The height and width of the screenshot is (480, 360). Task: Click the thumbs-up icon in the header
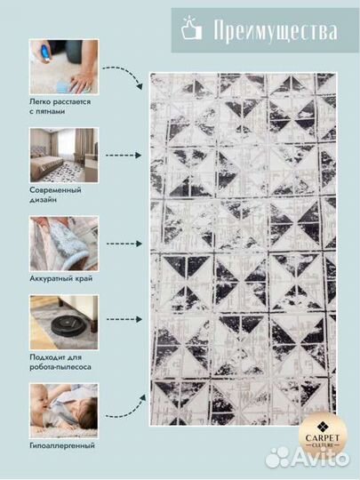[x=192, y=28]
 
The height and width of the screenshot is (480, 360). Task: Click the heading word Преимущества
[x=276, y=29]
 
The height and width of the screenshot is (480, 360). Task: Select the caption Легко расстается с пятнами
[x=60, y=107]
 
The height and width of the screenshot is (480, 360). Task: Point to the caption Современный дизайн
[x=55, y=195]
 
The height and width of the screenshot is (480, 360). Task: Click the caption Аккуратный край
[x=61, y=279]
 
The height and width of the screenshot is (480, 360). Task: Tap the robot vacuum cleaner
[x=68, y=324]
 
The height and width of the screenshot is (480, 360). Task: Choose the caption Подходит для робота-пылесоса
[x=60, y=362]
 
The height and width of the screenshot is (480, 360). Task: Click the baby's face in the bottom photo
[x=41, y=397]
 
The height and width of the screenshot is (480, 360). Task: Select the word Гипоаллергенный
[x=62, y=445]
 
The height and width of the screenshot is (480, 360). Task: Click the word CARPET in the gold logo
[x=323, y=438]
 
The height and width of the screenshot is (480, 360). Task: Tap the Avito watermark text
[x=319, y=458]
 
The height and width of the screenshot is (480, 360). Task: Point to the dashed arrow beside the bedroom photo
[x=124, y=156]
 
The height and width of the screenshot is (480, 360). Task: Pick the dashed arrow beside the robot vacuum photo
[x=124, y=319]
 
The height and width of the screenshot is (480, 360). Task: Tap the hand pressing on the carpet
[x=82, y=80]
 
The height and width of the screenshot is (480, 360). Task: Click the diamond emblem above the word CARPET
[x=322, y=427]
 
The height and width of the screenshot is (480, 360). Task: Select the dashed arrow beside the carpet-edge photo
[x=124, y=244]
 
